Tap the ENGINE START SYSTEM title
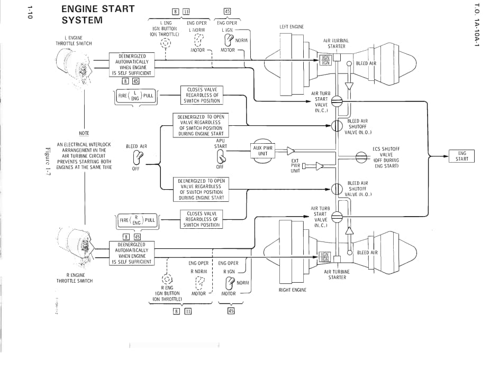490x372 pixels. tap(98, 14)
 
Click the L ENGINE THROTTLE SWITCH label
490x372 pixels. tap(74, 41)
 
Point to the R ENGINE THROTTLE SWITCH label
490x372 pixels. tap(75, 278)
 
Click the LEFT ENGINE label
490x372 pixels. tap(292, 27)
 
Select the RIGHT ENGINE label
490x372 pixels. tap(292, 290)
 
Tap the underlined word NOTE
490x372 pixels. tap(84, 133)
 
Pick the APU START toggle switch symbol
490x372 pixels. tap(220, 156)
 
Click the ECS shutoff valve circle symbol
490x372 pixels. tap(361, 156)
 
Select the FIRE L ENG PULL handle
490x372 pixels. tap(136, 96)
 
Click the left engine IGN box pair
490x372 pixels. tap(325, 60)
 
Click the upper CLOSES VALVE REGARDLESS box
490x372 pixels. tap(202, 95)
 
